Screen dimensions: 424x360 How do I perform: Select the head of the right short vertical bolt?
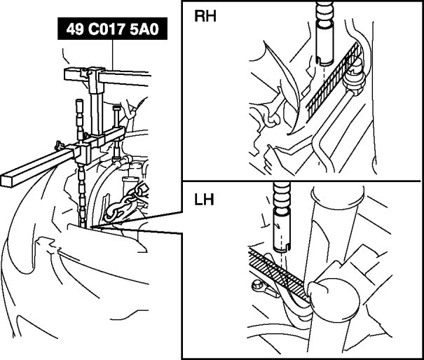116,110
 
